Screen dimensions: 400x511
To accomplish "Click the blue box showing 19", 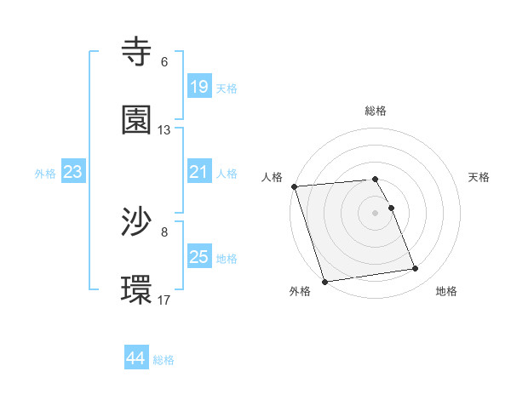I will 199,87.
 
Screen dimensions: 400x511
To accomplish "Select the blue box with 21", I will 199,173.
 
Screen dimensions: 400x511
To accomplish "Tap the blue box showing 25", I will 199,257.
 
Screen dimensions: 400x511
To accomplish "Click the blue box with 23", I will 73,173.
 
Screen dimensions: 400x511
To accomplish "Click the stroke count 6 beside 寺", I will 164,62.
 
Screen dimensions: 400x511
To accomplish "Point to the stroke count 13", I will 164,130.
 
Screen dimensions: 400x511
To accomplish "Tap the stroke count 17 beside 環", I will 164,300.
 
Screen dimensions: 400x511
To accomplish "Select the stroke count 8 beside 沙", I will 164,231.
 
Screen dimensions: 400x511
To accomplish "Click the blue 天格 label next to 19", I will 227,89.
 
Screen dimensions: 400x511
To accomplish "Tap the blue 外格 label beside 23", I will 45,174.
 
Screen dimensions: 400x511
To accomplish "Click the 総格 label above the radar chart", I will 376,111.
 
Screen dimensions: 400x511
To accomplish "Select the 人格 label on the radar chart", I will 272,177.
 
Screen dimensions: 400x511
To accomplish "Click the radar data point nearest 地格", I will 416,269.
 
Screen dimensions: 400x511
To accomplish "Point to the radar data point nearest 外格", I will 324,281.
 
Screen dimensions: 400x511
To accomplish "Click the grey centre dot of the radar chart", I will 376,212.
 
